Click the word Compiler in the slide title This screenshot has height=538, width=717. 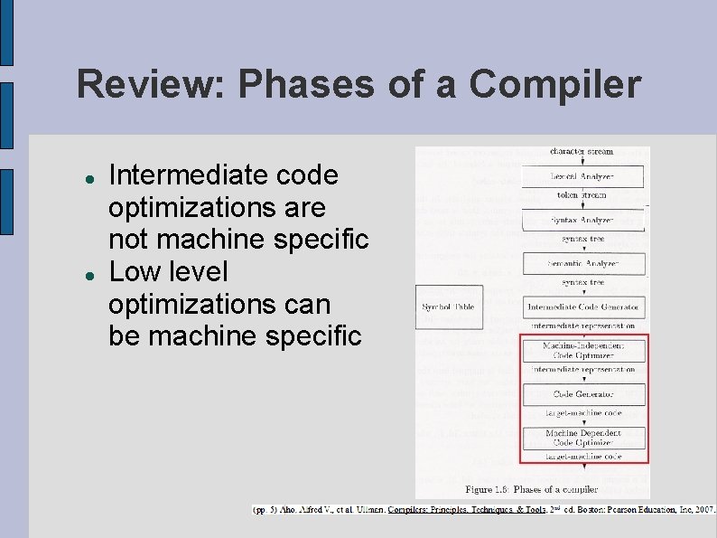[555, 85]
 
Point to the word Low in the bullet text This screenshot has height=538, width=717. [129, 271]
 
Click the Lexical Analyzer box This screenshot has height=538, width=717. [583, 176]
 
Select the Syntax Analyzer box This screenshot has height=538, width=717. [583, 220]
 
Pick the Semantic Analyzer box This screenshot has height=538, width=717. [583, 264]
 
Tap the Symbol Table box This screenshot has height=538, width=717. [448, 307]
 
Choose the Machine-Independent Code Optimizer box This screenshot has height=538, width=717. [583, 351]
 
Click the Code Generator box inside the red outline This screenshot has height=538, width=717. [583, 394]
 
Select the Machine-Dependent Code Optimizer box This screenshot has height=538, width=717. [583, 438]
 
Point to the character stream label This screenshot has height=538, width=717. [582, 151]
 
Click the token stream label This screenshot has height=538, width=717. [582, 195]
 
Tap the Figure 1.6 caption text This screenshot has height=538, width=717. [531, 489]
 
